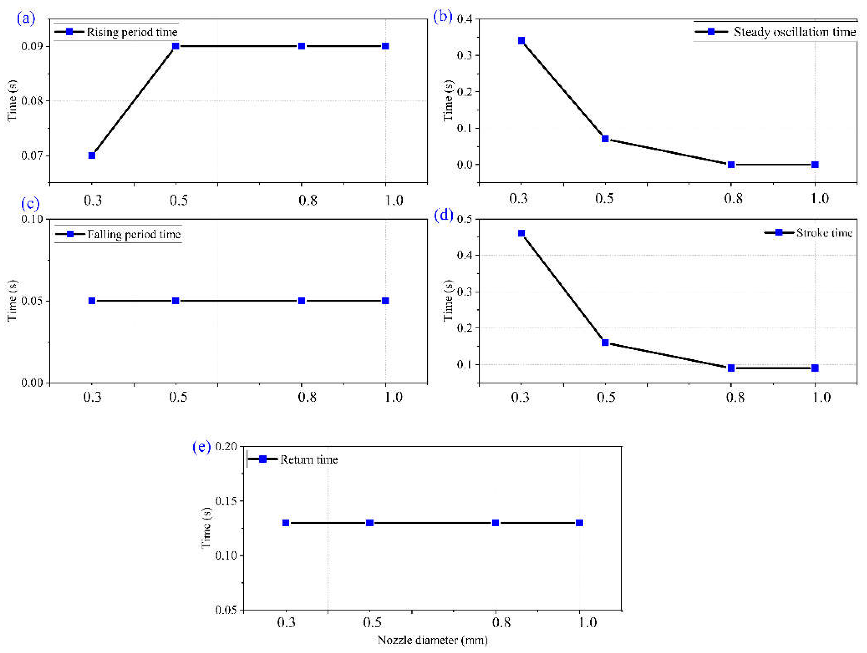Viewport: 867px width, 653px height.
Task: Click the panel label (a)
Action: (26, 18)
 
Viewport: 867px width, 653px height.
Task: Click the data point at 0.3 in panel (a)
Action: (92, 156)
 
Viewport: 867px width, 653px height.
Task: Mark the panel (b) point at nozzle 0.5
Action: (605, 139)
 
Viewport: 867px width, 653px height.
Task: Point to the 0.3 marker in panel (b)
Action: (521, 41)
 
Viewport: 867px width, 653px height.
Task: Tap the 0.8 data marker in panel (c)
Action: (302, 301)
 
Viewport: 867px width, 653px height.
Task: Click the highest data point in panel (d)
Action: (521, 233)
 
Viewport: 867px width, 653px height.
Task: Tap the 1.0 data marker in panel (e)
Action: (579, 523)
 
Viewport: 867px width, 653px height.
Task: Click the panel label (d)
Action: (444, 215)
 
